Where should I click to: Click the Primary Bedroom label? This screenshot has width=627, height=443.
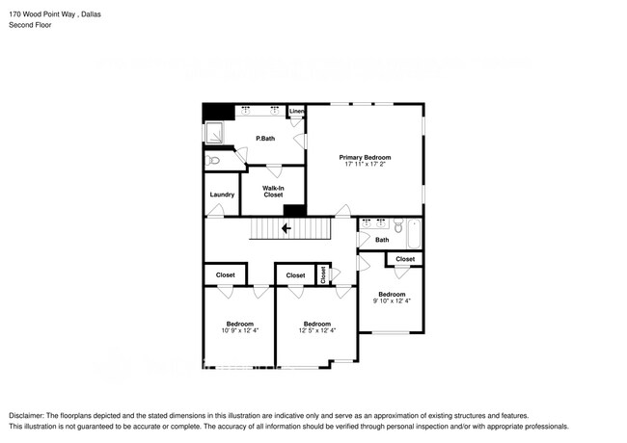[x=365, y=157]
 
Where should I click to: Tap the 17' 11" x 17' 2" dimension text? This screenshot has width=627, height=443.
[x=365, y=165]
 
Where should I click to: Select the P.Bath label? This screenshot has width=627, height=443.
[x=265, y=139]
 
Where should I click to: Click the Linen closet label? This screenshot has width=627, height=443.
[x=296, y=112]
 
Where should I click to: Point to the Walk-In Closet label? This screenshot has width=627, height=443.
[x=273, y=191]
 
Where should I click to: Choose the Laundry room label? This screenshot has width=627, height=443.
[x=221, y=195]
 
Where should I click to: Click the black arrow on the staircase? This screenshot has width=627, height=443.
[x=286, y=229]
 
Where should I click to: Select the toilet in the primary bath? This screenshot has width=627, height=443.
[x=214, y=161]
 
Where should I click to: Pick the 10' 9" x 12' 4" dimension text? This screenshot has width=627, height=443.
[x=239, y=331]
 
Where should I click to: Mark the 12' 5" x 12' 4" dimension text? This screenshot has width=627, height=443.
[x=316, y=331]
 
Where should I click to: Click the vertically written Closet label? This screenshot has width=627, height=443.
[x=324, y=275]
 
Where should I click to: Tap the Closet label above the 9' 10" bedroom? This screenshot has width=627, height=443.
[x=405, y=259]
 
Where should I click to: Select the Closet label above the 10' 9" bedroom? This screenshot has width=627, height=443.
[x=225, y=275]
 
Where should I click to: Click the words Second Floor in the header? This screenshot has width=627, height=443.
[x=31, y=25]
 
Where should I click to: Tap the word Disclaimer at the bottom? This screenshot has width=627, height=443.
[x=31, y=414]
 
